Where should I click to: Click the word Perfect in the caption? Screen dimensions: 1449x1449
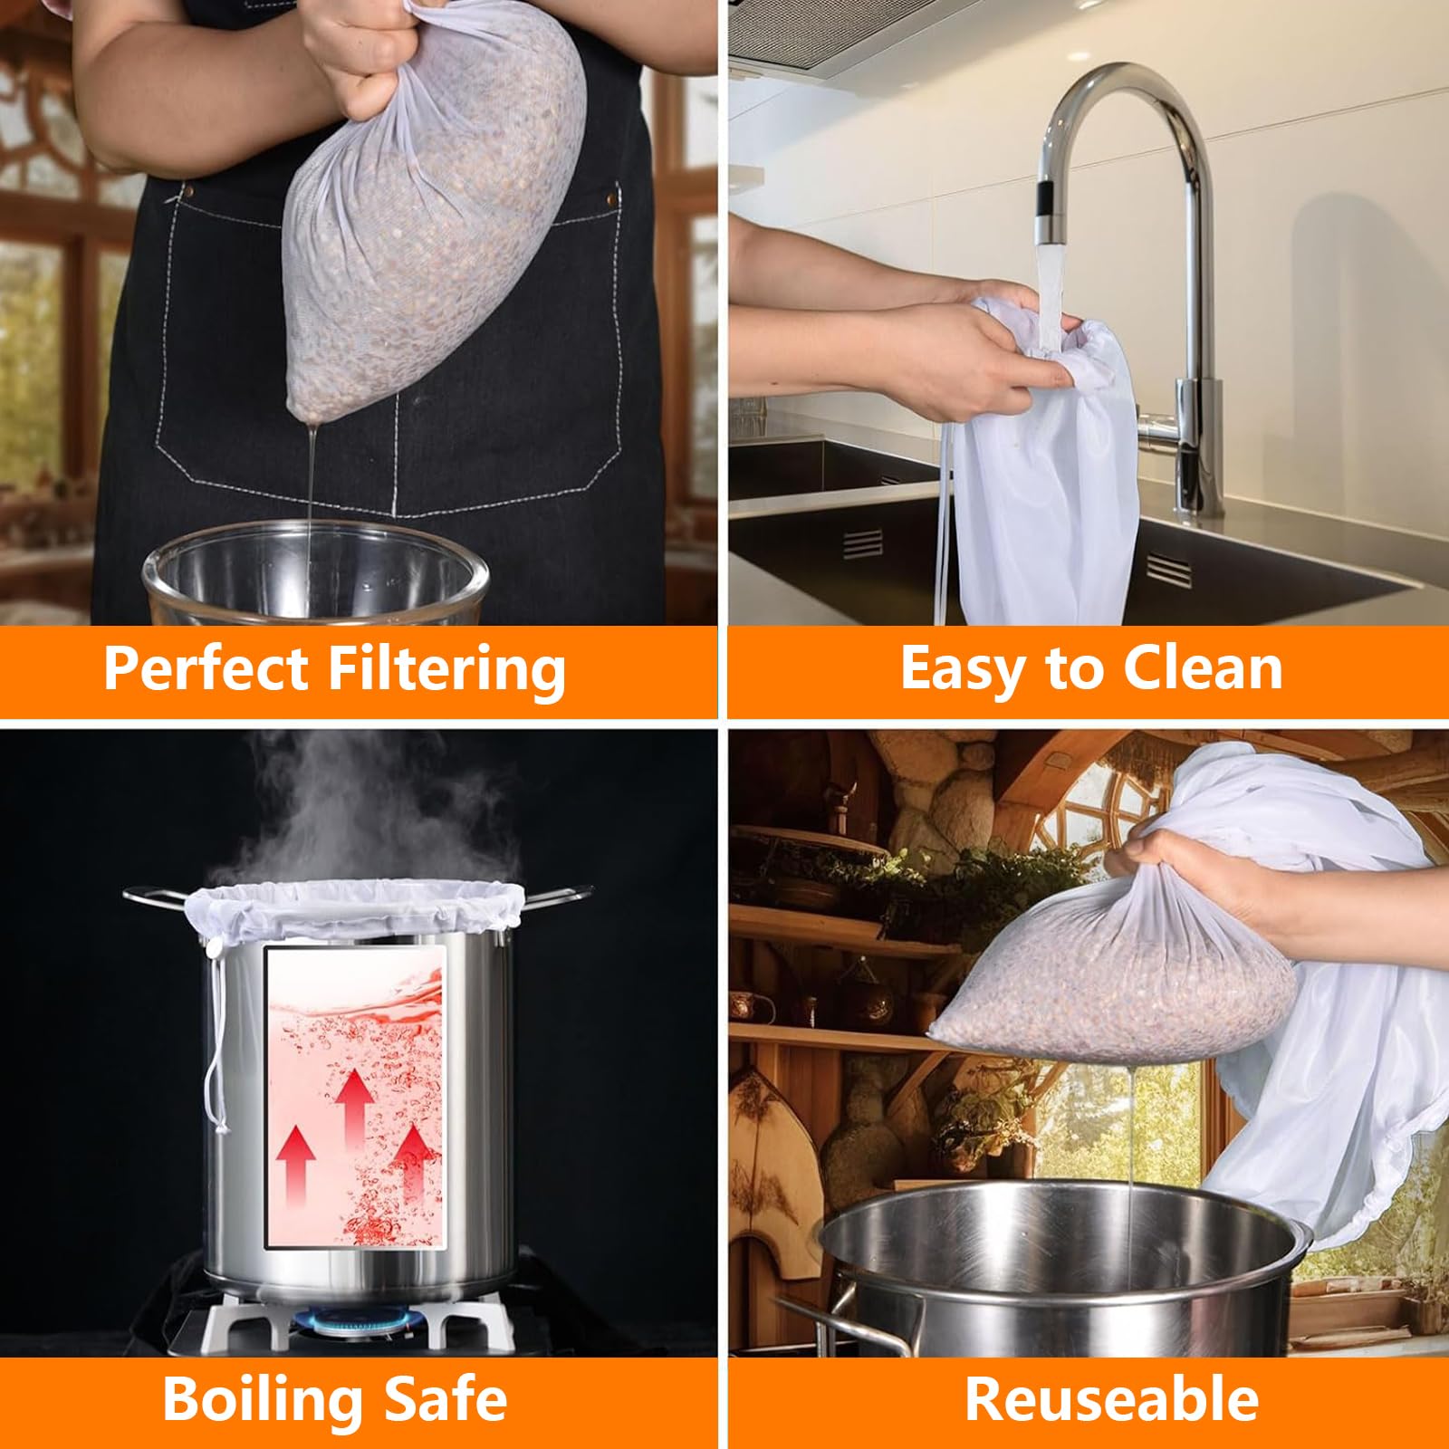coord(207,668)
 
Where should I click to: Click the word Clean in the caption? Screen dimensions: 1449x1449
coord(1202,668)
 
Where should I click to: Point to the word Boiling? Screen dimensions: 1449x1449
coord(265,1399)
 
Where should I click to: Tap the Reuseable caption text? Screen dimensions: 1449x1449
coord(1111,1399)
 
